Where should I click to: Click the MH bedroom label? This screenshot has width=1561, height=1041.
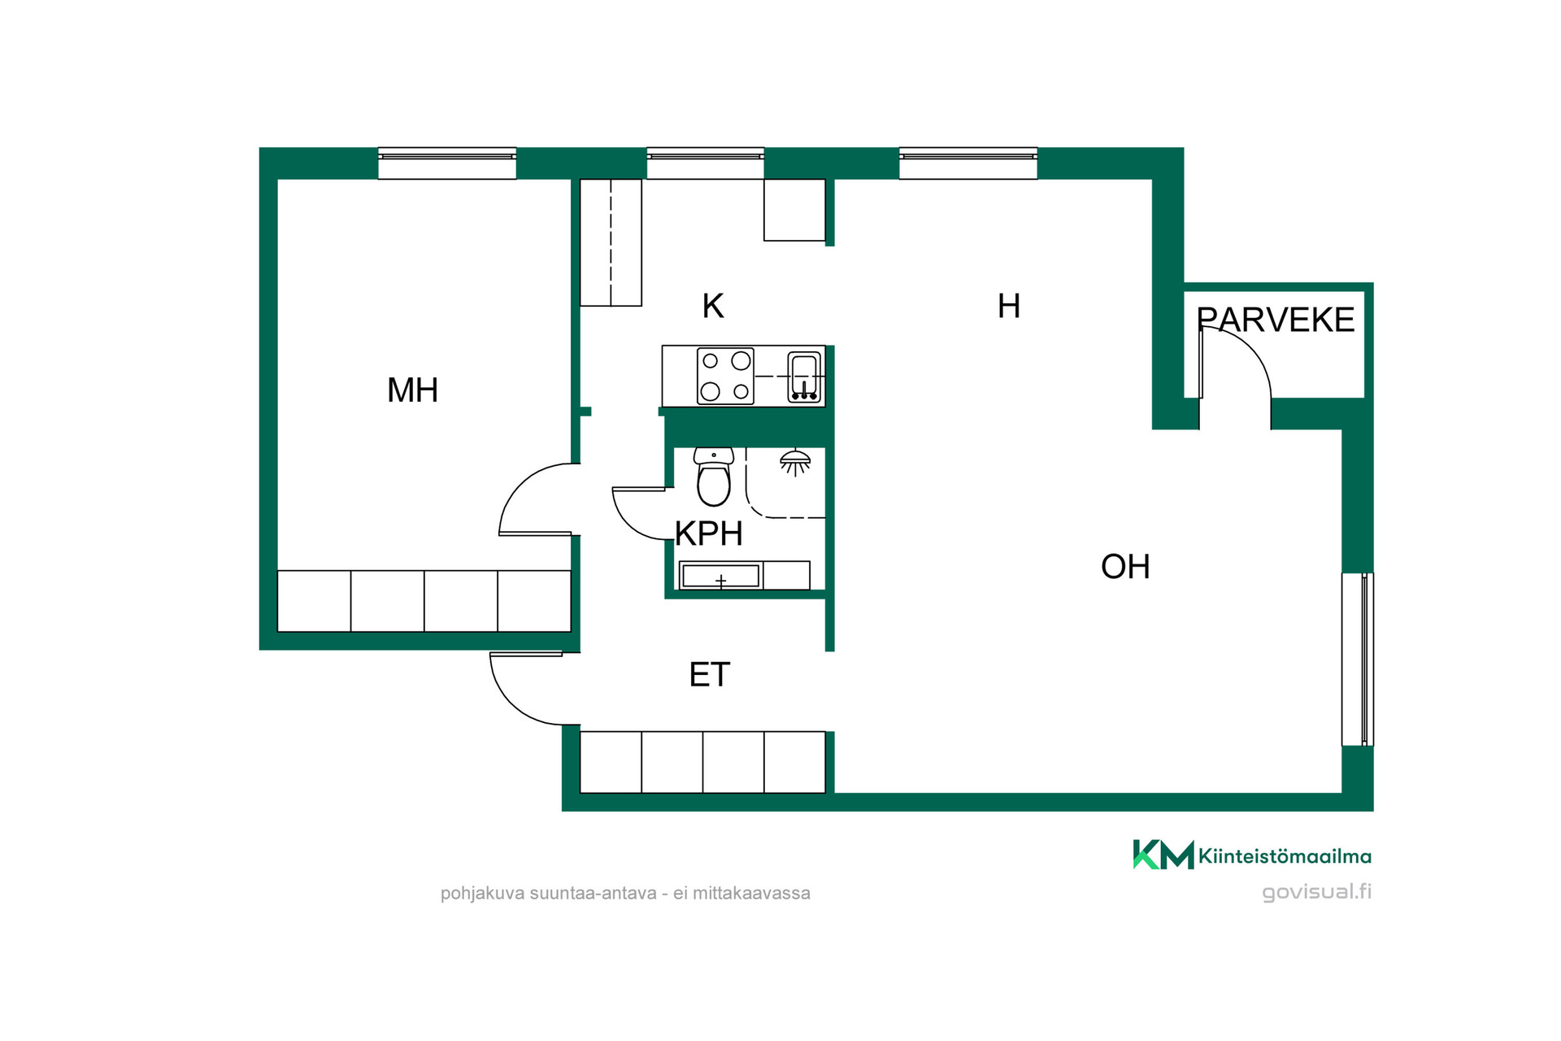(x=412, y=390)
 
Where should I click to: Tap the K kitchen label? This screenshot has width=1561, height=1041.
(x=713, y=307)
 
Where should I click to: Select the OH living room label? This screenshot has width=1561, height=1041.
(x=1125, y=567)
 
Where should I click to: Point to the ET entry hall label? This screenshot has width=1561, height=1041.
(x=710, y=675)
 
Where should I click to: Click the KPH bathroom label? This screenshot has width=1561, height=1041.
(x=709, y=534)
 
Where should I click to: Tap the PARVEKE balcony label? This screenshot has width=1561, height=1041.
(x=1276, y=320)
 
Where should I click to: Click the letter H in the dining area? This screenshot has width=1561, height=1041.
(x=1009, y=307)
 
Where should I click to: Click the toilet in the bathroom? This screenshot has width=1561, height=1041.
(x=714, y=477)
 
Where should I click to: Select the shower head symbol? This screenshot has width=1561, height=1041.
(x=795, y=462)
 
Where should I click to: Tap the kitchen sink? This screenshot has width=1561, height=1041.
(x=804, y=377)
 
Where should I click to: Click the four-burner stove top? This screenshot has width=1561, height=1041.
(x=725, y=376)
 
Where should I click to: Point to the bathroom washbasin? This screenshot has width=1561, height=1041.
(x=721, y=576)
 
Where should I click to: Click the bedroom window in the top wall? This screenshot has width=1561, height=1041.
(x=447, y=163)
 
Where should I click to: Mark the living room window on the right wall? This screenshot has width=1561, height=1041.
(x=1357, y=659)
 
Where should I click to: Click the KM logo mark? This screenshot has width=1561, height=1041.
(x=1163, y=855)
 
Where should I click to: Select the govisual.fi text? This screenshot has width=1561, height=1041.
(x=1316, y=892)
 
